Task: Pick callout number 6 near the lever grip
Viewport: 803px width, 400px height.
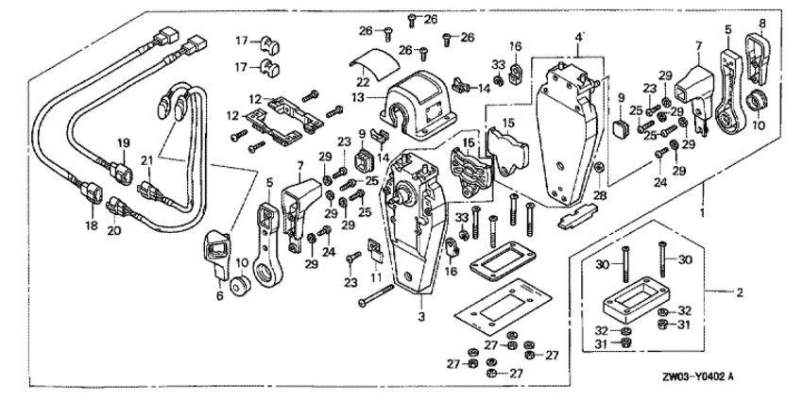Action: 219,295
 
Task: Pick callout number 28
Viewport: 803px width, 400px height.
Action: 598,194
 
